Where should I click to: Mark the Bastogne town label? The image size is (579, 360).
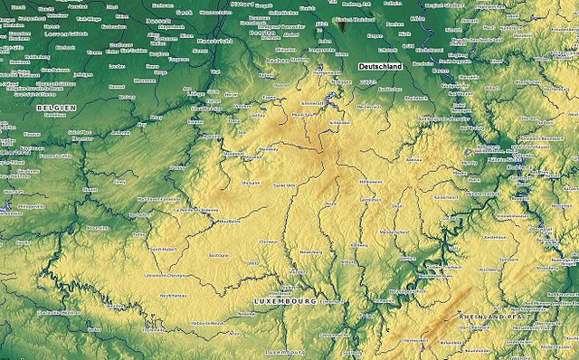click(219, 256)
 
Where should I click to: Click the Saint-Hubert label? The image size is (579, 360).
click(163, 249)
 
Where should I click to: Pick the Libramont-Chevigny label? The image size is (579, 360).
click(166, 274)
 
